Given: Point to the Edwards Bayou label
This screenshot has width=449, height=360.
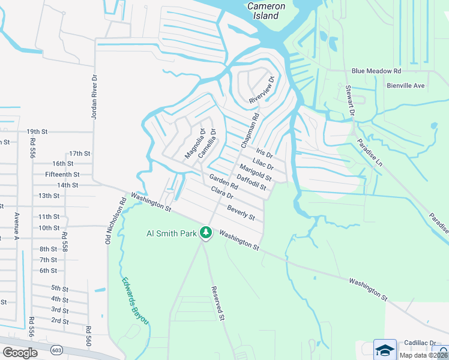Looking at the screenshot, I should tap(134, 301).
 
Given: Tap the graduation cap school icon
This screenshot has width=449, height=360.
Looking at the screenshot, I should tap(385, 349).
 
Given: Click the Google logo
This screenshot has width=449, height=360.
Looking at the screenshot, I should tap(20, 353).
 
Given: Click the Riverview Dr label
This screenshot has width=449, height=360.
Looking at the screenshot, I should tap(262, 89).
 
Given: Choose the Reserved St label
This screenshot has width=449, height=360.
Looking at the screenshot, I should tap(217, 302).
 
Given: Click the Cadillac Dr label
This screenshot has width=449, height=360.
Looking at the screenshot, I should tap(420, 342).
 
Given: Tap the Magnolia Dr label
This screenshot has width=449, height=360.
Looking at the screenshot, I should tap(195, 144).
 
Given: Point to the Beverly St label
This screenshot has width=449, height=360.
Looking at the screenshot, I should tap(241, 212).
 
